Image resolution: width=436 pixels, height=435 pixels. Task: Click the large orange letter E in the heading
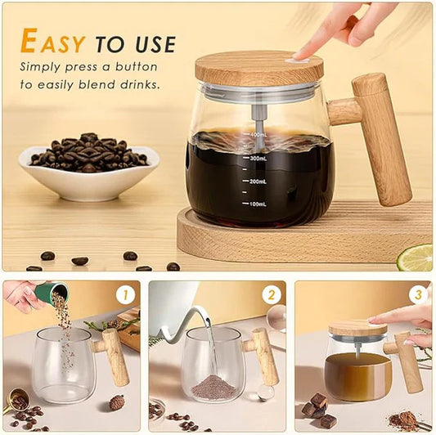point(29,41)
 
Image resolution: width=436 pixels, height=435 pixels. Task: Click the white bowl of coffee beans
point(88,175)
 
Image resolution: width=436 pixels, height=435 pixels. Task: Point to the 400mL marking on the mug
point(258,134)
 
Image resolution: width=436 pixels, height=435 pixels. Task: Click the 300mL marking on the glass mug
point(259,159)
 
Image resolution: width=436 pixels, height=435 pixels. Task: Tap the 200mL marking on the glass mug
point(259,181)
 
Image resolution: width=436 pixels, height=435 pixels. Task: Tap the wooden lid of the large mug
point(258,69)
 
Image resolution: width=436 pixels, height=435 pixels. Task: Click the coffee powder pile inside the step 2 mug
point(214,386)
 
